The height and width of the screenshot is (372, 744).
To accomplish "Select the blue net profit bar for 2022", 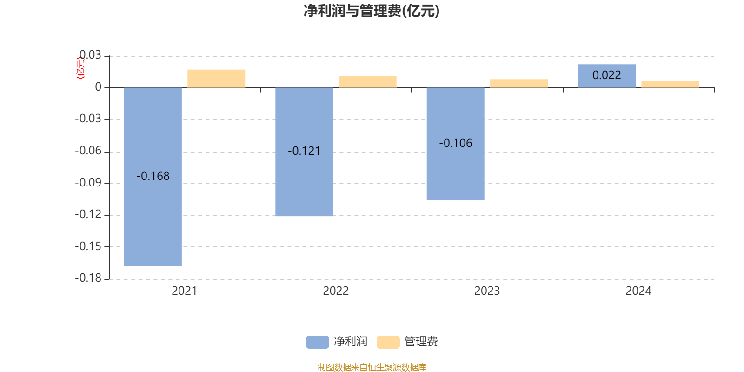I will [x=304, y=186].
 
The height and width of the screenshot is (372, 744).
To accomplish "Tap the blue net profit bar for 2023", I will [x=455, y=172].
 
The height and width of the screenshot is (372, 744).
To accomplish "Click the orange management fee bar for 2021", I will [x=216, y=79].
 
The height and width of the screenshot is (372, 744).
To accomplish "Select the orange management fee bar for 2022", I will [x=367, y=82].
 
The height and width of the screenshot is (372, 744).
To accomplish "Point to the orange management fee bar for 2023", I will [x=519, y=83].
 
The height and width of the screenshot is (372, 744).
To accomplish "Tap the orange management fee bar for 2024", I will [x=670, y=84].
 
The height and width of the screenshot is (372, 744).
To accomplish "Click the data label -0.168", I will [x=153, y=176].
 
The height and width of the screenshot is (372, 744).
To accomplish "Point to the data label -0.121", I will [x=304, y=151].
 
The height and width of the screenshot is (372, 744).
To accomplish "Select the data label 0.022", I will [x=607, y=75].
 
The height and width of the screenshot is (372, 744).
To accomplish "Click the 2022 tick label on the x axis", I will [x=336, y=291].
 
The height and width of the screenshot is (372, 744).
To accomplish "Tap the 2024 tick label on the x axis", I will [x=638, y=291].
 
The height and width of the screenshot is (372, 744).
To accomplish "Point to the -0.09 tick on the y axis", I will [x=88, y=183].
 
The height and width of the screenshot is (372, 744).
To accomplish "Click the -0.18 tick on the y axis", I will [x=88, y=278].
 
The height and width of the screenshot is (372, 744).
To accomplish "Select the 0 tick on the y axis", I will [x=98, y=87].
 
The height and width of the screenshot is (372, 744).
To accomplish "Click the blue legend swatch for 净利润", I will [x=317, y=342].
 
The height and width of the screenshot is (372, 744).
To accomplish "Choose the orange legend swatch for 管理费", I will [x=388, y=342].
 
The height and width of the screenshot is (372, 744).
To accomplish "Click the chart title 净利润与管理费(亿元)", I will [x=372, y=11].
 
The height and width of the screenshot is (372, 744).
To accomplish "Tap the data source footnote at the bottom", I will [x=372, y=367].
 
